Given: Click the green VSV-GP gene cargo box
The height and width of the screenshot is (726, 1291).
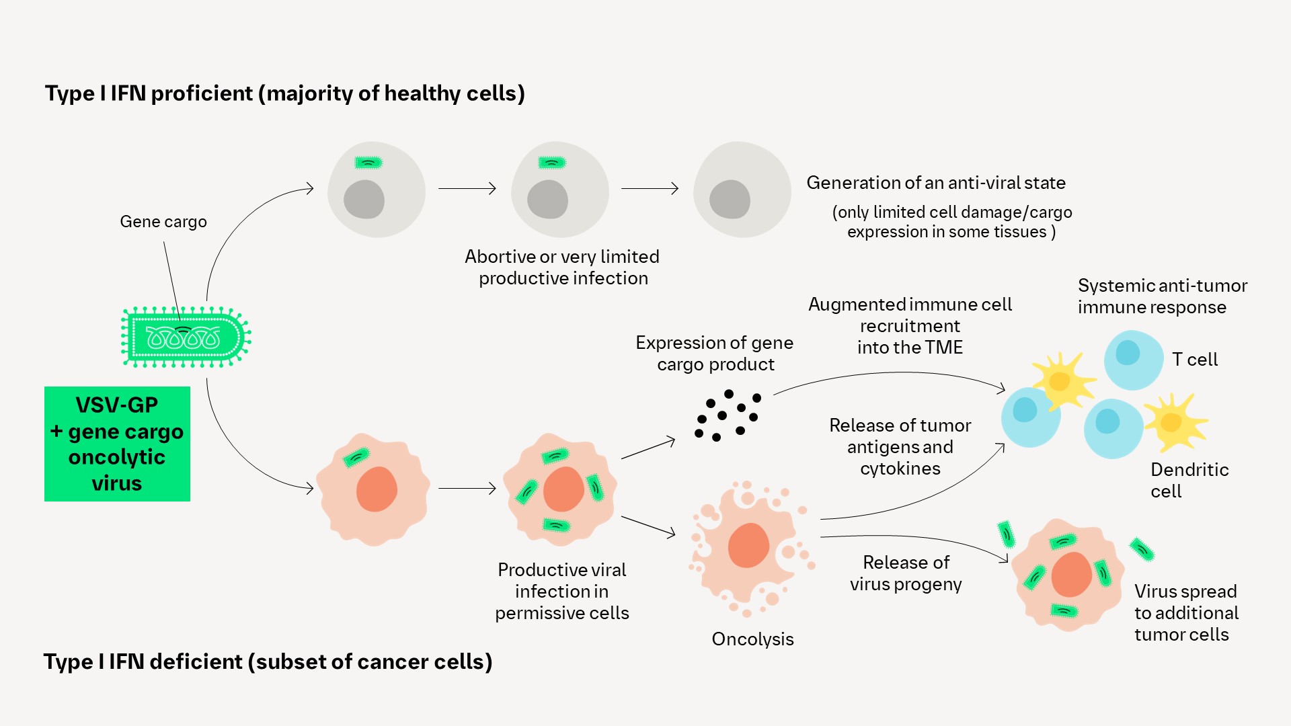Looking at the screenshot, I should [x=117, y=444].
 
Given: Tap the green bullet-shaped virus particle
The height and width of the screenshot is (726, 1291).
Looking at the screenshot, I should [x=185, y=337].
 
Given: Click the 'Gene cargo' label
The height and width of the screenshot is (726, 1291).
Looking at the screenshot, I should [x=163, y=222].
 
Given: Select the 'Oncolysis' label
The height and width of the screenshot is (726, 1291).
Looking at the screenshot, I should [x=752, y=639].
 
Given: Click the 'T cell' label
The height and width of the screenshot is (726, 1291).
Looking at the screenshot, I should [x=1194, y=360].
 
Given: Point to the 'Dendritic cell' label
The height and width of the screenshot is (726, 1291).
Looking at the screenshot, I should [x=1189, y=480].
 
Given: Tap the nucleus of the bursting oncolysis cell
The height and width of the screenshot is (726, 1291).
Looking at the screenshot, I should [x=748, y=545].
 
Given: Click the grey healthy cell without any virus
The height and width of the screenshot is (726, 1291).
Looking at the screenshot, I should [x=742, y=190].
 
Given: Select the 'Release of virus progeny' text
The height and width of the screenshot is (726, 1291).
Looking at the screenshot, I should [x=906, y=573].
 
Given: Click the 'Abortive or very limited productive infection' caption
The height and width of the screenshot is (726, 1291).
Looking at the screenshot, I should [x=562, y=268].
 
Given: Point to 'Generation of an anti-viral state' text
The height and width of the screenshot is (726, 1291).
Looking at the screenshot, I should [x=935, y=183].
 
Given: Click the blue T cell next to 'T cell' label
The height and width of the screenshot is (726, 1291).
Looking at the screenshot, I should [x=1133, y=360].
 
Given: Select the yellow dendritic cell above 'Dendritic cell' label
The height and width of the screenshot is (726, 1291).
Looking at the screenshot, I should [x=1174, y=422].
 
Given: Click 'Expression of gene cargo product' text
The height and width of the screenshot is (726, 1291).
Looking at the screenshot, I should [x=715, y=354].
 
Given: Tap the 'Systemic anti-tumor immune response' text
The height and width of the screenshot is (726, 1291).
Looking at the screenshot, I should [x=1162, y=296].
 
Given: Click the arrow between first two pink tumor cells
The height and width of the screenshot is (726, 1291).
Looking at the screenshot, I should [x=467, y=488].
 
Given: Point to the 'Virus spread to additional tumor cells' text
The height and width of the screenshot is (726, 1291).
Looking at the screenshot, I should [x=1186, y=612].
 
